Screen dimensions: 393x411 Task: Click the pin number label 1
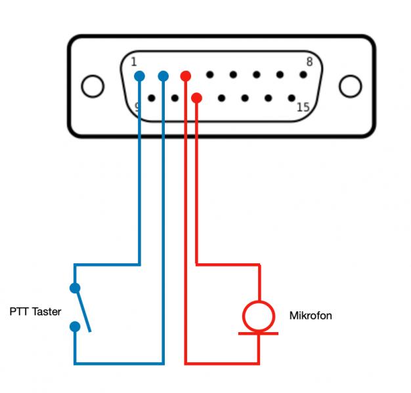[x=134, y=62]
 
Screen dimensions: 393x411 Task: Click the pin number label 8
[x=309, y=62]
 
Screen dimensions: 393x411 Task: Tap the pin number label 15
[x=303, y=107]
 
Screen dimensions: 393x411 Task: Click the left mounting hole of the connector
[x=93, y=86]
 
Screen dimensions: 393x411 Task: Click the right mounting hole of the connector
[x=350, y=86]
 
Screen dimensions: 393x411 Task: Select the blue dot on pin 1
[x=139, y=77]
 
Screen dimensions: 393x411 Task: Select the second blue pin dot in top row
[x=163, y=77]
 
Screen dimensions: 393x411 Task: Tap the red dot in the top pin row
[x=186, y=76]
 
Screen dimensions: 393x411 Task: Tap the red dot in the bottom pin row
[x=196, y=98]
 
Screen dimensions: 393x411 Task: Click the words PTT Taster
[x=35, y=312]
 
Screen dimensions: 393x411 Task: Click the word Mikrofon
[x=311, y=316]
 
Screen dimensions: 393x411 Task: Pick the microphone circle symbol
[x=258, y=316]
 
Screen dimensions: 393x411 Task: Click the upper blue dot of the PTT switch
[x=75, y=288]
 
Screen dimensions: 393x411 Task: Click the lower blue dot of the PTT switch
[x=75, y=326]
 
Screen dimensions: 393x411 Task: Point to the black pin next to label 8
[x=303, y=75]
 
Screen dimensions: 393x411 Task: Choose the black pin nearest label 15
[x=291, y=98]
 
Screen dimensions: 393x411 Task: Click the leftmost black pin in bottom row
[x=152, y=98]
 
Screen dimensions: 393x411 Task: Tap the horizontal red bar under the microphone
[x=258, y=333]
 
